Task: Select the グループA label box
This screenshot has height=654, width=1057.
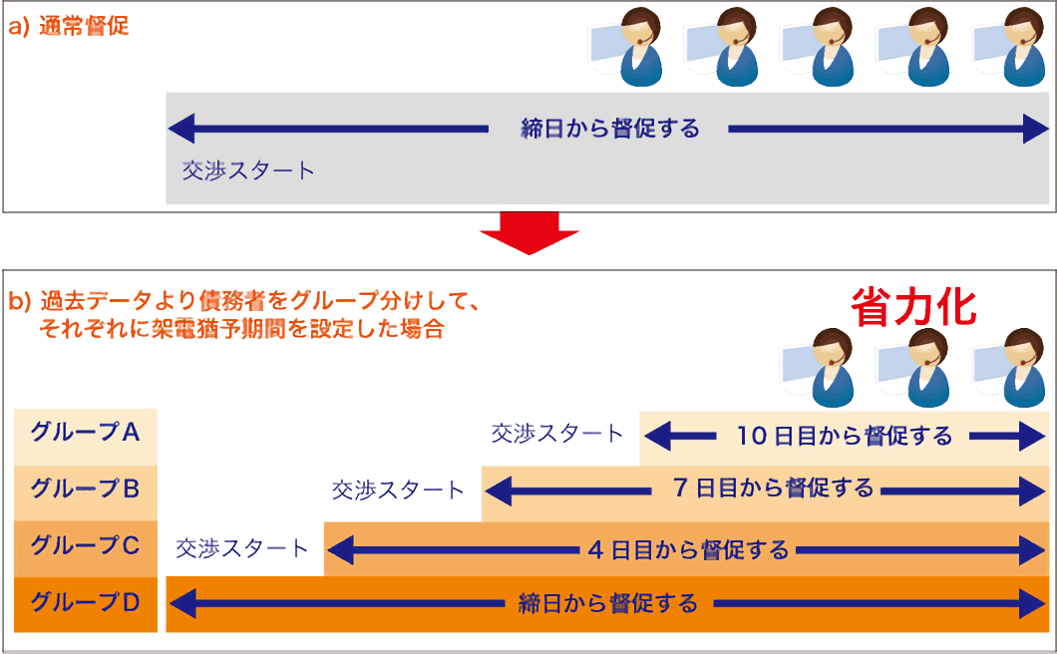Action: (86, 437)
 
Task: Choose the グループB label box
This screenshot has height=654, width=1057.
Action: (86, 492)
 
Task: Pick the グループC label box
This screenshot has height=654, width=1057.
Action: (86, 548)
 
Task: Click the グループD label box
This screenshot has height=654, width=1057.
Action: (86, 605)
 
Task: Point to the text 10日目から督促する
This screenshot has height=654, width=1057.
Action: (844, 437)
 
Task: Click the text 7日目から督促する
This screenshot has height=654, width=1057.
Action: (773, 488)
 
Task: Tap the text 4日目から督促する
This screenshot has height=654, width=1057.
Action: (688, 550)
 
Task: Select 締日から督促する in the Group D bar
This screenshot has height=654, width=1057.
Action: (608, 603)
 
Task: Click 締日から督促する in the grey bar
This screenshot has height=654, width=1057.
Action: (610, 128)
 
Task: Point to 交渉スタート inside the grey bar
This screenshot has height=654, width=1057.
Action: (248, 170)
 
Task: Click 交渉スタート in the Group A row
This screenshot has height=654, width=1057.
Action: (556, 434)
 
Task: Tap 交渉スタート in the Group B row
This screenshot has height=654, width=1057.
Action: (398, 490)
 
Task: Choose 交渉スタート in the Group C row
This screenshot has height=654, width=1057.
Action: (241, 548)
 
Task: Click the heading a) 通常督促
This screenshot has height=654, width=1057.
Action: (68, 26)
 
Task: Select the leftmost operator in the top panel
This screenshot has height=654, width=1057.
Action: (626, 47)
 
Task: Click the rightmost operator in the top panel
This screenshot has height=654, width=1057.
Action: (1009, 47)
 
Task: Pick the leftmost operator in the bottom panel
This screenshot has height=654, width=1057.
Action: (818, 368)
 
